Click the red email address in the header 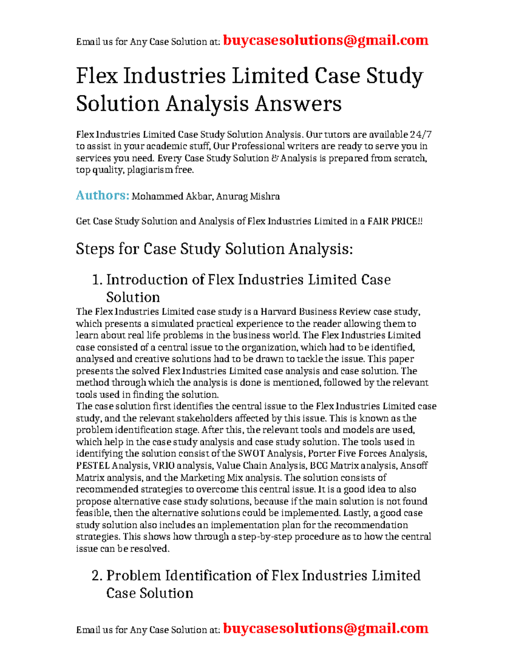point(326,40)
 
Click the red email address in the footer point(326,628)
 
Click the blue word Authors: point(102,196)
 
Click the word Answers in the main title point(298,104)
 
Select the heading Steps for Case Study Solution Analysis point(214,249)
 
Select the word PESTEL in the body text point(92,466)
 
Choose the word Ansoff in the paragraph point(414,466)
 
